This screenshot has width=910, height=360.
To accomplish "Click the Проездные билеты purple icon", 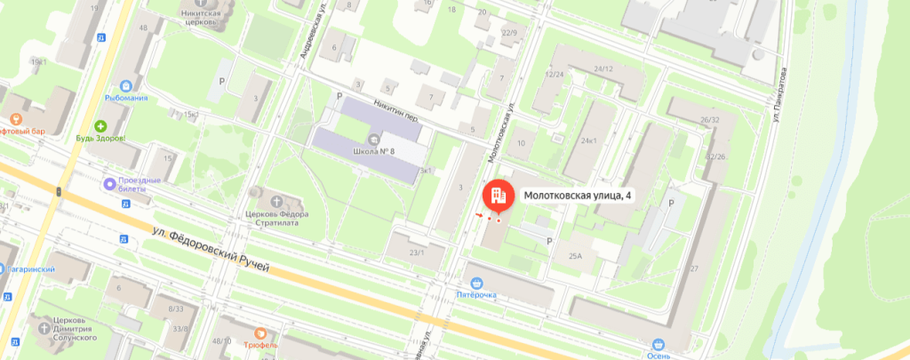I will pos(110,185).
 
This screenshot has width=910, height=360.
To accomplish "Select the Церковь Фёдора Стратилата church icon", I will pos(260,193).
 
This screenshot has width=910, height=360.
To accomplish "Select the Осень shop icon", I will pos(658,345).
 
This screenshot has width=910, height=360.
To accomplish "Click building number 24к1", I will pos(588,140).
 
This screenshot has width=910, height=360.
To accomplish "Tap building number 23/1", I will pos(416,252).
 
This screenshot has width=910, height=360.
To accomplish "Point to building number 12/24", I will pos(555,75).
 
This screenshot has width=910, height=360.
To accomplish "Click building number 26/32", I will pos(710,119).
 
